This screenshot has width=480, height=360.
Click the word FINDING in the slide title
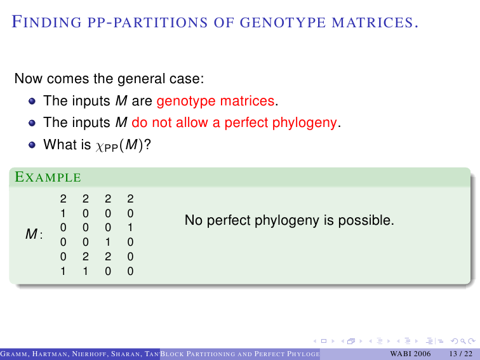pos(47,22)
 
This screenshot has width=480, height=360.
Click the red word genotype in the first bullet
pos(186,101)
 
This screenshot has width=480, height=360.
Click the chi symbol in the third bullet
pos(100,147)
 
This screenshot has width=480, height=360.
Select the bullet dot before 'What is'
pos(32,145)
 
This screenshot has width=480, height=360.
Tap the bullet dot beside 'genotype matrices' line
pos(32,101)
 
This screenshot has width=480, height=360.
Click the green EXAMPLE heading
pos(48,177)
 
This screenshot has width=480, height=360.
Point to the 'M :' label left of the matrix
pos(34,234)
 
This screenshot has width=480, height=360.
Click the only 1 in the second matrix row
pos(63,213)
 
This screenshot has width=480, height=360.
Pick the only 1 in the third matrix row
pos(130,228)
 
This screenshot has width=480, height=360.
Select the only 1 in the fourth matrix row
pos(108,242)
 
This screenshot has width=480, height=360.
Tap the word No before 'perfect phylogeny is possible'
pos(194,220)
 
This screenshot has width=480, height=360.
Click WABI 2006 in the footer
pos(410,354)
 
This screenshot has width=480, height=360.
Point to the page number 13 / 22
pos(461,354)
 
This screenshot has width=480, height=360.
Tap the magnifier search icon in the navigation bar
pos(463,341)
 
